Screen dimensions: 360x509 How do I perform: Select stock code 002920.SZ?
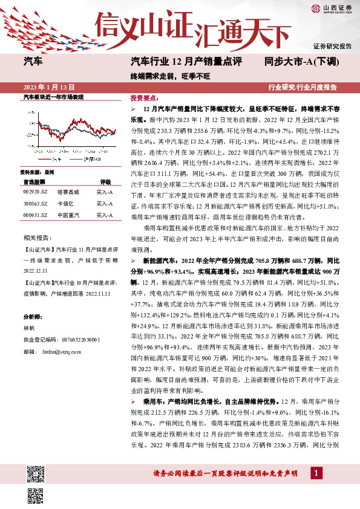pos(35,191)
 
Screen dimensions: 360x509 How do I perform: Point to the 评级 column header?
pos(105,181)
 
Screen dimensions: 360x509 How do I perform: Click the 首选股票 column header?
pos(34,181)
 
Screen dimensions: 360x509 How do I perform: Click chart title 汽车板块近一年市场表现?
pos(53,97)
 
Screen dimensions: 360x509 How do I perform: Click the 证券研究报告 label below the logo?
pos(332,46)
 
